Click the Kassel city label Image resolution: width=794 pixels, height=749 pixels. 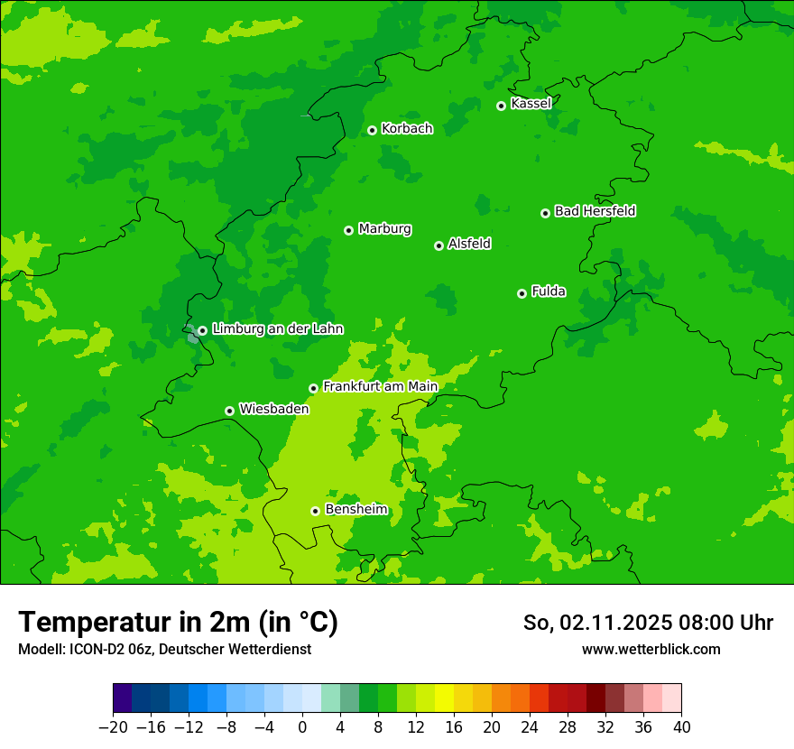[531, 104]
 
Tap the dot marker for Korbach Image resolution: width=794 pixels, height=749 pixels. [372, 130]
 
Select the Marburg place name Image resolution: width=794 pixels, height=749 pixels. [384, 229]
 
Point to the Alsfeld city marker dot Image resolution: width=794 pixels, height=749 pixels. [439, 245]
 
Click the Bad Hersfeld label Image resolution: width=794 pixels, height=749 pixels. [595, 211]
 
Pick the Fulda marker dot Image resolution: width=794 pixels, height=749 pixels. [522, 293]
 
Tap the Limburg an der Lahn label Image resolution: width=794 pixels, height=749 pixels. [277, 329]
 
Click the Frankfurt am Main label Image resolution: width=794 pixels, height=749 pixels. [380, 386]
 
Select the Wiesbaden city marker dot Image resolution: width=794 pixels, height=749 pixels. [229, 411]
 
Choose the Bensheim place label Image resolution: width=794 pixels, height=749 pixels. [355, 509]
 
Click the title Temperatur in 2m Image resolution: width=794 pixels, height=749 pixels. [178, 622]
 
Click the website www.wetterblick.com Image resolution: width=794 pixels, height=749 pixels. [651, 649]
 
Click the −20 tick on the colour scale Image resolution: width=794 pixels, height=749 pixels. [113, 726]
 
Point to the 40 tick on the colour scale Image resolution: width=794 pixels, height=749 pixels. [681, 726]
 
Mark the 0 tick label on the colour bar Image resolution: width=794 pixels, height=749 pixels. [302, 726]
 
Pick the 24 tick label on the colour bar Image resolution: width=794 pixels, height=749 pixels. [530, 726]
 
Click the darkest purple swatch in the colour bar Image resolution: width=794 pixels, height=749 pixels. [123, 698]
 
